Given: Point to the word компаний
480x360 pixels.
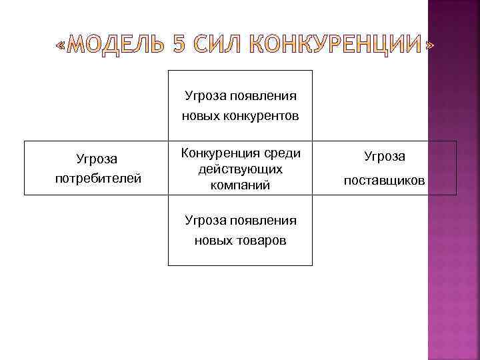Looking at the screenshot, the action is coord(240,185).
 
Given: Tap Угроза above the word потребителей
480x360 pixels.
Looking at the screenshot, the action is coord(97,159).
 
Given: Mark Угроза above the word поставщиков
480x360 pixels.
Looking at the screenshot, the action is coord(384,157).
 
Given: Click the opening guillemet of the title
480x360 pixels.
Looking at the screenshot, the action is coord(61,47).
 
